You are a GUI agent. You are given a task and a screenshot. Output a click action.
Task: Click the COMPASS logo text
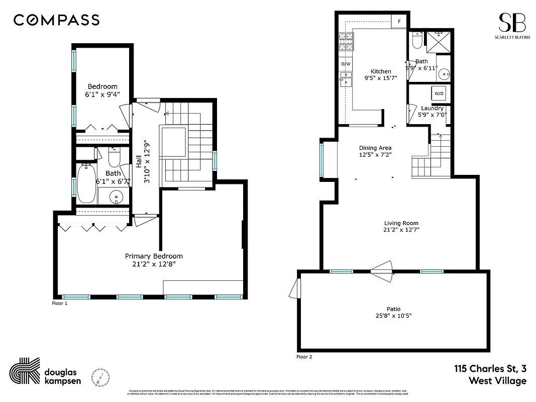click(x=56, y=20)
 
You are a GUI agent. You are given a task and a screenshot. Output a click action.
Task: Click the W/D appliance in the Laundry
click(x=439, y=93)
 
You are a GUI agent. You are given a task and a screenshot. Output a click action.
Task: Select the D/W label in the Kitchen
click(x=346, y=64)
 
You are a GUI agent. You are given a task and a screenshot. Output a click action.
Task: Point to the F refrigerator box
click(x=399, y=22)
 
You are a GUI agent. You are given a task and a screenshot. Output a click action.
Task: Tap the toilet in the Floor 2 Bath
click(x=416, y=40)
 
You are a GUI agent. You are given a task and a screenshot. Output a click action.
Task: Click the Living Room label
click(x=401, y=223)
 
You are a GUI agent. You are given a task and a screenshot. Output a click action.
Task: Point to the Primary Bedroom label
click(x=154, y=256)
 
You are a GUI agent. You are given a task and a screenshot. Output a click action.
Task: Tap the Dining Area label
click(x=375, y=148)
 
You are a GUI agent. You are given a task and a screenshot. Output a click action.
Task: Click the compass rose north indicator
click(x=100, y=376)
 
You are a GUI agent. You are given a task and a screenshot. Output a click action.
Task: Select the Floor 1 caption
click(x=59, y=304)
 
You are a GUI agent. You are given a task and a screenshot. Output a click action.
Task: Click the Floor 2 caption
click(x=304, y=357)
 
